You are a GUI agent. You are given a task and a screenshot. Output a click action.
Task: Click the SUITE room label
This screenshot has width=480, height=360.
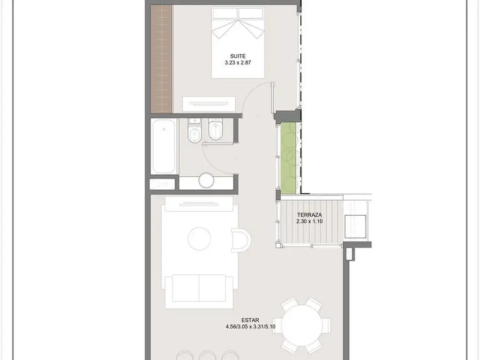(x=238, y=56)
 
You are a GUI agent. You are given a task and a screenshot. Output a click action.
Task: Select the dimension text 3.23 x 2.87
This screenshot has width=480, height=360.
(x=238, y=63)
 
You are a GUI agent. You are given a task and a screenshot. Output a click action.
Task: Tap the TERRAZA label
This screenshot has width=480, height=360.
(x=309, y=215)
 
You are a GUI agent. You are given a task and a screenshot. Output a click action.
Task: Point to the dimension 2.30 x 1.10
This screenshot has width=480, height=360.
(x=309, y=221)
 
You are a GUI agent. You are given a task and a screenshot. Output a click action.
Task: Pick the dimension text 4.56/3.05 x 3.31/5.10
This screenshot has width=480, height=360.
(x=250, y=327)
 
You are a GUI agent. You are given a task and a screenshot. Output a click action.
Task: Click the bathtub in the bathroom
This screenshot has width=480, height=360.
(x=164, y=147)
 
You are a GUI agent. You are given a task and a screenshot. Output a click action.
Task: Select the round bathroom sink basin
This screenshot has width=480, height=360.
(x=206, y=180)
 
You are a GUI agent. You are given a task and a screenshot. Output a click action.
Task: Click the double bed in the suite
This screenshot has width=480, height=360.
(x=238, y=43)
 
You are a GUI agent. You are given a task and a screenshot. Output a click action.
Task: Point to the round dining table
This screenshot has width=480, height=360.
(x=301, y=325)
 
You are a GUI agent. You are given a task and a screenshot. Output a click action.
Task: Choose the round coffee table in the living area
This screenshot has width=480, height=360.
(x=199, y=239)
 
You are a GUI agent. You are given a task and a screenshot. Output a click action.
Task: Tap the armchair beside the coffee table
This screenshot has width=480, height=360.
(x=241, y=240)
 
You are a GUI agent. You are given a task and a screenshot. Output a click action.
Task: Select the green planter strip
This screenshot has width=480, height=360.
(x=289, y=158)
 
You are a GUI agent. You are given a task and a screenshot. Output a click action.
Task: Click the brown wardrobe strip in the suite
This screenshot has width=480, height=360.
(x=162, y=59)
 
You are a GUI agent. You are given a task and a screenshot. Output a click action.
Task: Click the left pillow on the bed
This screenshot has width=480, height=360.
(x=225, y=13)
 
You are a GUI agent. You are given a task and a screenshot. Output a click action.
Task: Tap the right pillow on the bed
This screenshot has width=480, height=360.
(x=251, y=13)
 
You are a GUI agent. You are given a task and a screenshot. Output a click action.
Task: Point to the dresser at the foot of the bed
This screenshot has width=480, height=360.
(x=209, y=104)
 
